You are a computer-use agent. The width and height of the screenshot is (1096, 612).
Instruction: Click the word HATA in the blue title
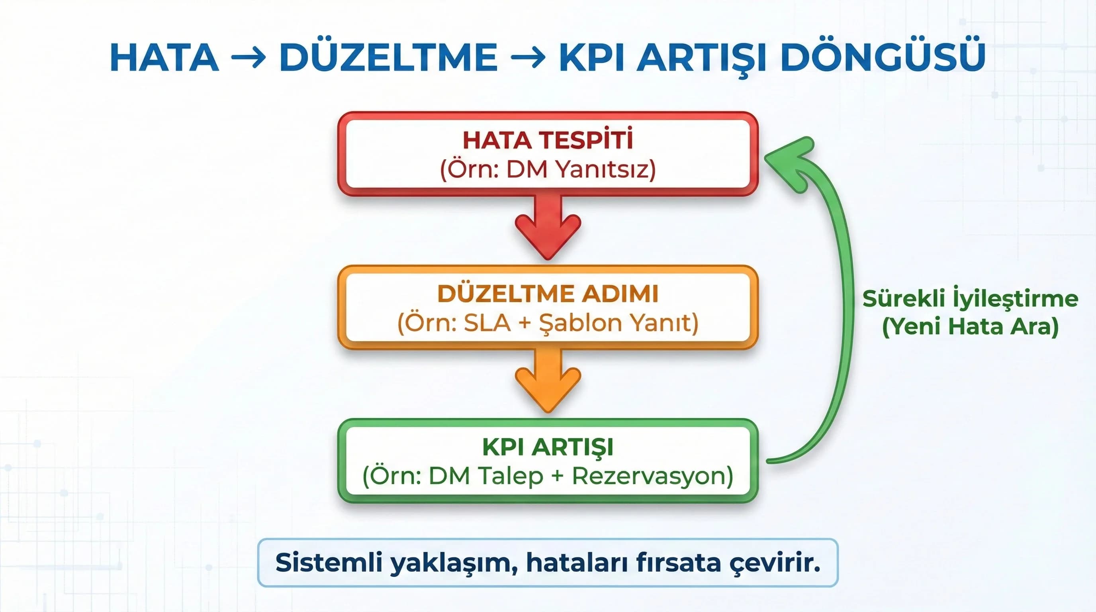click(x=164, y=57)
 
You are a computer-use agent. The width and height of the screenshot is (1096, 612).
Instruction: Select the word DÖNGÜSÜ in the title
click(x=883, y=57)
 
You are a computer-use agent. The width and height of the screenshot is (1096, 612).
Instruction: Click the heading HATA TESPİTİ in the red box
click(x=548, y=140)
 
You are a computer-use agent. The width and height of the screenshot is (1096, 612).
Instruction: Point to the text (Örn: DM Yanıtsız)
click(x=548, y=170)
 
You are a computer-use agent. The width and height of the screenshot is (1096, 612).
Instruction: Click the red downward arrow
click(x=548, y=228)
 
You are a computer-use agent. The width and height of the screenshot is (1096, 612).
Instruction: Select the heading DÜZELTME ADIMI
click(x=548, y=294)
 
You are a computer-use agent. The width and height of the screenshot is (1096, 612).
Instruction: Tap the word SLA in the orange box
click(x=487, y=323)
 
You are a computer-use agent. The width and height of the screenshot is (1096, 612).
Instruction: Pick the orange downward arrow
click(x=548, y=381)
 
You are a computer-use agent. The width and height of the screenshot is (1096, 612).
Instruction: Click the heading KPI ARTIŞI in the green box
click(x=548, y=447)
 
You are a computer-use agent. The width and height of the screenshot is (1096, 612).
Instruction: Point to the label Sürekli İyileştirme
click(x=970, y=299)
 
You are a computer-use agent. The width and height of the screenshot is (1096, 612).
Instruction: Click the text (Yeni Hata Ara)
click(x=970, y=327)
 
